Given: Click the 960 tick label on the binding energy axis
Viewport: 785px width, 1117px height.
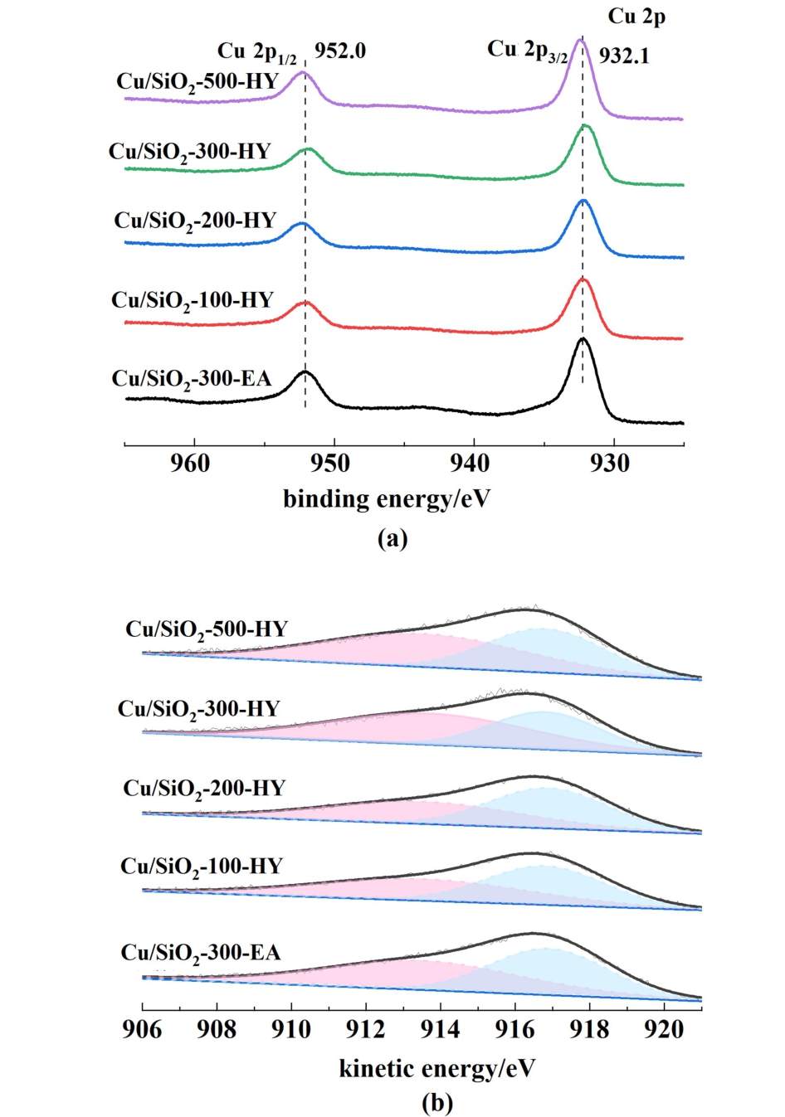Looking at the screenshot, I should pyautogui.click(x=190, y=463).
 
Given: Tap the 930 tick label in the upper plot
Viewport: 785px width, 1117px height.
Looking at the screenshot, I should pyautogui.click(x=611, y=463).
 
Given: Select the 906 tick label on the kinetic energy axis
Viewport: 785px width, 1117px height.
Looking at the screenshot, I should pyautogui.click(x=143, y=1029).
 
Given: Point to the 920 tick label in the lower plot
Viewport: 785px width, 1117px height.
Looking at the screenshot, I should pyautogui.click(x=664, y=1029).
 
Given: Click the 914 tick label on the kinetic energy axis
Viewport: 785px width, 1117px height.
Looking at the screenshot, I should pyautogui.click(x=440, y=1029).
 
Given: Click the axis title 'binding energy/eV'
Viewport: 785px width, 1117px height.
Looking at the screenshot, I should pyautogui.click(x=387, y=498).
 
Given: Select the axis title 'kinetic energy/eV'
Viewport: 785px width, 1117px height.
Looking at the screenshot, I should pyautogui.click(x=437, y=1068).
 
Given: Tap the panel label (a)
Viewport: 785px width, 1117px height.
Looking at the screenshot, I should pyautogui.click(x=392, y=538).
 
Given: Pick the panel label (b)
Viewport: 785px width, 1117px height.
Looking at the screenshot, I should pyautogui.click(x=437, y=1103).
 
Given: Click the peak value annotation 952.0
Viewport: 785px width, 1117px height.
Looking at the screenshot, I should pyautogui.click(x=339, y=51).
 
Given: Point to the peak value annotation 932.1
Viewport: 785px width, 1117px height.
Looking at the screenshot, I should pyautogui.click(x=624, y=56).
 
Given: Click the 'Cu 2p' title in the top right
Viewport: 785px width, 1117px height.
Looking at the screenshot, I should pyautogui.click(x=636, y=17).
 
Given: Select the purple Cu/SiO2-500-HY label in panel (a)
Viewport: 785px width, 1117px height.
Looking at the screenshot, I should pyautogui.click(x=197, y=81).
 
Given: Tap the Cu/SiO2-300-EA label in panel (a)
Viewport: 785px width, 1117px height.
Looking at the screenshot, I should pyautogui.click(x=192, y=379).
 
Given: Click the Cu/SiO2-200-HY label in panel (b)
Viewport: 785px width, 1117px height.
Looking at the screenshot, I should pyautogui.click(x=204, y=788).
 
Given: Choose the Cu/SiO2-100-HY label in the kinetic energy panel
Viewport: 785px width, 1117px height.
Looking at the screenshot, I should pyautogui.click(x=202, y=867).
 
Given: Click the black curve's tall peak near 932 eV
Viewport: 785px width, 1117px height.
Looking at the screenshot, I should pyautogui.click(x=582, y=339).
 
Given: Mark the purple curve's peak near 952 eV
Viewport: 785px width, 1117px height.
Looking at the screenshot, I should pyautogui.click(x=303, y=72).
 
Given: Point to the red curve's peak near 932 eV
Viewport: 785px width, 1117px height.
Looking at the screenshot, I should pyautogui.click(x=583, y=279).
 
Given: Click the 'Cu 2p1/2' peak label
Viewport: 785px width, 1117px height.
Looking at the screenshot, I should pyautogui.click(x=257, y=52).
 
